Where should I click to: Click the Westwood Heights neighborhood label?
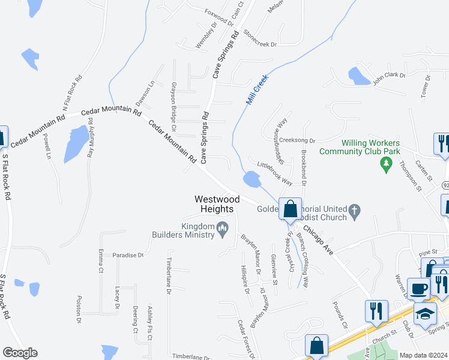pos(217,204)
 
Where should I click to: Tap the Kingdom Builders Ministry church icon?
pos(222,227)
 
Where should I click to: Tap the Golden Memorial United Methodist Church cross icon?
pos(355,211)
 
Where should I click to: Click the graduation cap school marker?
pos(425,314)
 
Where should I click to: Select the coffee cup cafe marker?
pos(418,289)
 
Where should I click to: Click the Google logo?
pos(20,353)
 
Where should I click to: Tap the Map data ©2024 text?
pos(423,355)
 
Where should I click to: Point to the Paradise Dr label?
pos(128,255)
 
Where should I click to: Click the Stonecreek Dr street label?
pos(259,40)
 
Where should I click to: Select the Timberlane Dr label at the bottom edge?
pos(191,356)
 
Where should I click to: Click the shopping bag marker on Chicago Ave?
pos(291,209)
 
